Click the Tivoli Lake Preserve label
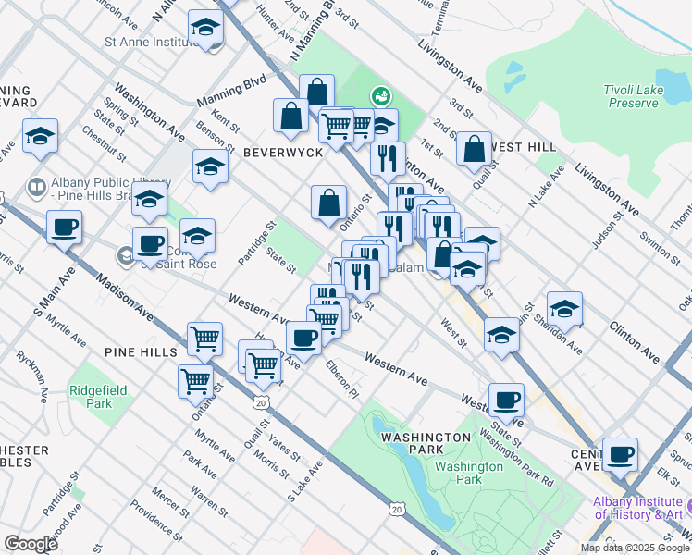pyautogui.click(x=633, y=95)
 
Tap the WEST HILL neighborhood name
pyautogui.click(x=524, y=147)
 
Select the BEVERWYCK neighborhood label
pyautogui.click(x=283, y=152)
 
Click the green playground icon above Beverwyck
pyautogui.click(x=379, y=95)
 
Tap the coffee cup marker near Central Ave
pyautogui.click(x=621, y=454)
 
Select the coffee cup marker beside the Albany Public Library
pyautogui.click(x=64, y=227)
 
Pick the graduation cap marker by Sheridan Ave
pyautogui.click(x=564, y=308)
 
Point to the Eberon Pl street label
pyautogui.click(x=340, y=378)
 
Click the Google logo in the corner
pyautogui.click(x=31, y=544)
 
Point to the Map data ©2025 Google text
pyautogui.click(x=635, y=548)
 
